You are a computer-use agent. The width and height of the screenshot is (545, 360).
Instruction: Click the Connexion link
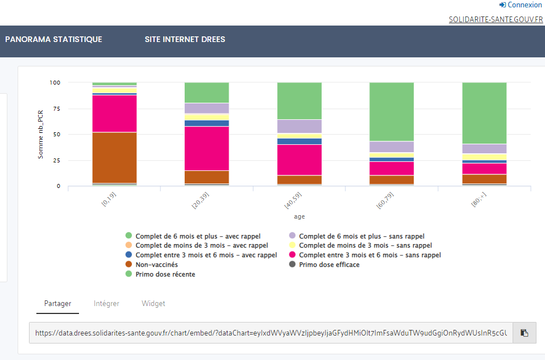(x=521, y=5)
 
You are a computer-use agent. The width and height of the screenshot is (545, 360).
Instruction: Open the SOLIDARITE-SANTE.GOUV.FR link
(x=496, y=19)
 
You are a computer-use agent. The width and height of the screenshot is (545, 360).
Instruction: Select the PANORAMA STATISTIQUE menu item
(x=53, y=40)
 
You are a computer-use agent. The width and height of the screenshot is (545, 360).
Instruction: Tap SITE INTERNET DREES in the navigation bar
(x=185, y=40)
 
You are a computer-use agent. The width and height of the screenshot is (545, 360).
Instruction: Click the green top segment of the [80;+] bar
(x=484, y=112)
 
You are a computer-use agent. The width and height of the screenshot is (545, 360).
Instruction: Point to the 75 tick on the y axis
(x=55, y=108)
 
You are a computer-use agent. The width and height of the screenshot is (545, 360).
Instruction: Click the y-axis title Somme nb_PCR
(x=40, y=134)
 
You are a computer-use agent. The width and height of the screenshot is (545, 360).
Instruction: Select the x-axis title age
(x=299, y=216)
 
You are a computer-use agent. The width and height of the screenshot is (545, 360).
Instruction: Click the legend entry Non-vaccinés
(x=156, y=265)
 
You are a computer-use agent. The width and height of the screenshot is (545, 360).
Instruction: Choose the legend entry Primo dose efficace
(x=328, y=265)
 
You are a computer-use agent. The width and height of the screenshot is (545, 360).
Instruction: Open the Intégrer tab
(x=106, y=304)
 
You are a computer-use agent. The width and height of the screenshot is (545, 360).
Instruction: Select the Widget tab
(x=153, y=304)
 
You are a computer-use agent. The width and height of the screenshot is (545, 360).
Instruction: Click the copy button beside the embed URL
(x=524, y=333)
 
